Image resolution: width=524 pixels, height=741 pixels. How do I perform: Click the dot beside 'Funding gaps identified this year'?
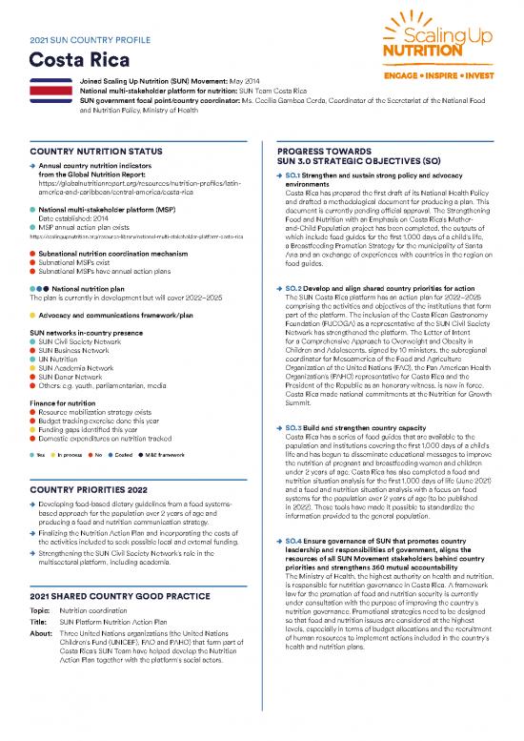(34, 425)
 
